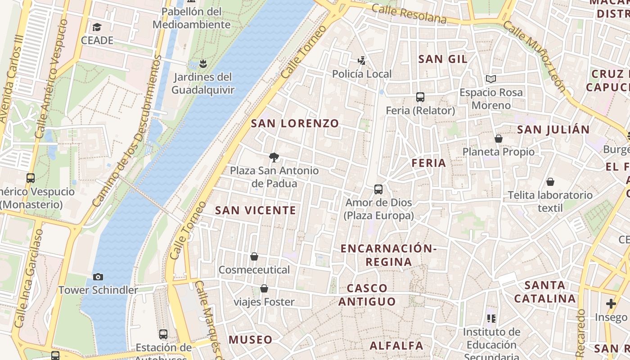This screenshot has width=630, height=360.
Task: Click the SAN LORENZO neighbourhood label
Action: [x=295, y=123]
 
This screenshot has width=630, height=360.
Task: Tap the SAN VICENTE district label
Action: [x=256, y=210]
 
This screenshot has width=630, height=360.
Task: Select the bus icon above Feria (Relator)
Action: [x=420, y=97]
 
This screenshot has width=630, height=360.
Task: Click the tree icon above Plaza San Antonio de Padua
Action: [x=274, y=157]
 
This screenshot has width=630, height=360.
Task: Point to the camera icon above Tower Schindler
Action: [x=98, y=277]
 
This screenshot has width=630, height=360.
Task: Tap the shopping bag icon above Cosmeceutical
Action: [x=254, y=256]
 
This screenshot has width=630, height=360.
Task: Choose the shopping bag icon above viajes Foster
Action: [x=264, y=288]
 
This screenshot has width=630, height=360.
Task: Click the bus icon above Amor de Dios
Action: [x=378, y=189]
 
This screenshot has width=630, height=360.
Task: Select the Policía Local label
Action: [x=362, y=74]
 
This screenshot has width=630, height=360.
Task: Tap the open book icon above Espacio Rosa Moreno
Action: [x=490, y=79]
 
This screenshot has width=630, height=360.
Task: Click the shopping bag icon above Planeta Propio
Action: [x=499, y=139]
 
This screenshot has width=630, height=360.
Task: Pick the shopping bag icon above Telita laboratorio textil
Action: [x=550, y=182]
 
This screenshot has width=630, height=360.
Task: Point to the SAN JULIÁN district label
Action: [x=553, y=130]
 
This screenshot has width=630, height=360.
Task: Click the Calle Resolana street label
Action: [x=409, y=14]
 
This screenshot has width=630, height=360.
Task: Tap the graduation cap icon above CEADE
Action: [x=97, y=27]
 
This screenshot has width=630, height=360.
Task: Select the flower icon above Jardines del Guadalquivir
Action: [x=203, y=63]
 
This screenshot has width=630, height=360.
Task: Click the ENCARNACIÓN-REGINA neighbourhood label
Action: [x=389, y=255]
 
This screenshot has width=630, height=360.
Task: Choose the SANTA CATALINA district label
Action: [x=545, y=292]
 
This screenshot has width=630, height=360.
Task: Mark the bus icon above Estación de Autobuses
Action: [x=163, y=334]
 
